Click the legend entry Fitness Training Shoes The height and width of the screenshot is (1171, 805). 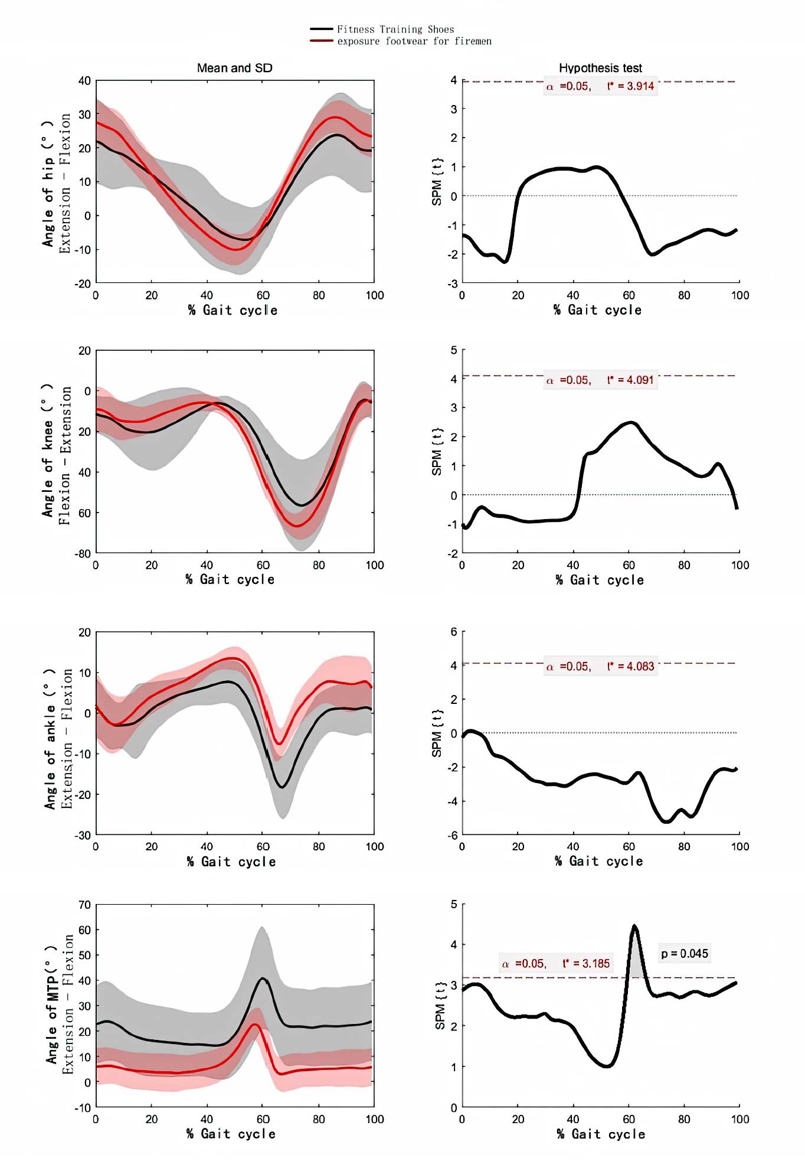click(395, 29)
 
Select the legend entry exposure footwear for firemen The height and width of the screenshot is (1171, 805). click(414, 41)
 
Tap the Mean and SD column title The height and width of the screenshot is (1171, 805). click(235, 68)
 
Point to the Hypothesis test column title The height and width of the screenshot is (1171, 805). click(600, 68)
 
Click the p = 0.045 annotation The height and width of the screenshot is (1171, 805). click(685, 954)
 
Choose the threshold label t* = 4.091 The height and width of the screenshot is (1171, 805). click(630, 380)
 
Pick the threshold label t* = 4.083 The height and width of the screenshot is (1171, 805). click(630, 667)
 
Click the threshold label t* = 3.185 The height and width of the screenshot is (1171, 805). click(586, 964)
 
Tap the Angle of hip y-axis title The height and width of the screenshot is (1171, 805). click(48, 183)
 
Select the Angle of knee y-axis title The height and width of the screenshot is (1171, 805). click(48, 451)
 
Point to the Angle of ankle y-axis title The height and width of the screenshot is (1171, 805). click(50, 739)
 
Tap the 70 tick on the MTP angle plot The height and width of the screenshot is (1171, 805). click(85, 905)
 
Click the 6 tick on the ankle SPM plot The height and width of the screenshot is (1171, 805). click(454, 632)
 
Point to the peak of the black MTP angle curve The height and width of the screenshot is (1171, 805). click(263, 978)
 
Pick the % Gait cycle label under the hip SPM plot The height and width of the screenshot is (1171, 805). click(597, 310)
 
